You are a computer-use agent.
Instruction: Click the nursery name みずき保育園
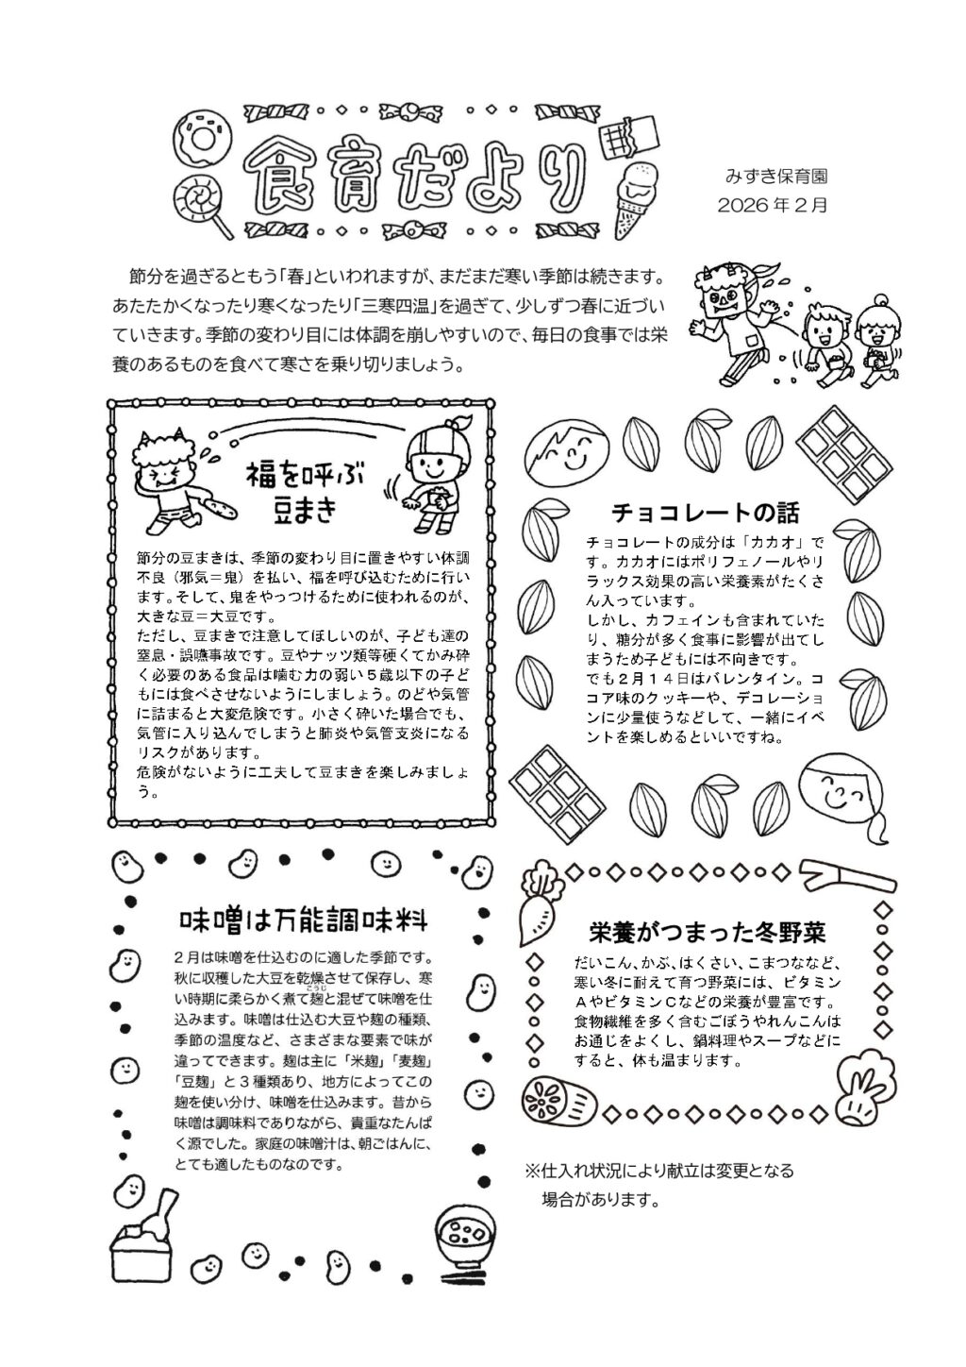776,176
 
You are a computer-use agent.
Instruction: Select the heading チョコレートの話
705,513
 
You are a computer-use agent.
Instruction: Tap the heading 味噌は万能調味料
305,920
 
